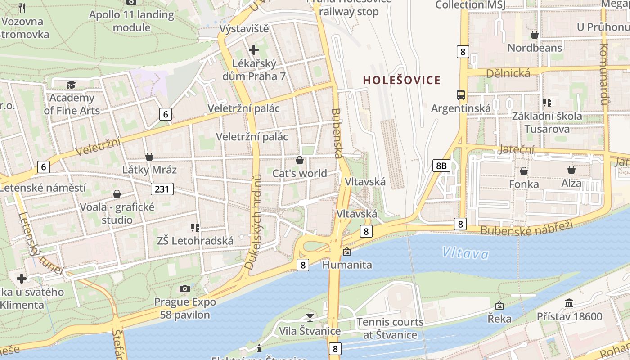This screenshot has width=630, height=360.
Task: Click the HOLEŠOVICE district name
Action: click(401, 81)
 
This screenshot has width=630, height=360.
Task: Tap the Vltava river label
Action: click(465, 253)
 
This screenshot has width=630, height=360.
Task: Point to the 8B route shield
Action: click(441, 166)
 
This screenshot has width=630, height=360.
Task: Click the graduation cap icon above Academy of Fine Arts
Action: click(71, 85)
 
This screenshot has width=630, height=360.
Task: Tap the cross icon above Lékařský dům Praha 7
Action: click(254, 50)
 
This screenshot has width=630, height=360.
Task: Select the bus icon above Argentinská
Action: click(461, 95)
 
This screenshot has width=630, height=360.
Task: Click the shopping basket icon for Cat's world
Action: click(300, 160)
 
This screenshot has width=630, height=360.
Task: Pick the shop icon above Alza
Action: click(571, 170)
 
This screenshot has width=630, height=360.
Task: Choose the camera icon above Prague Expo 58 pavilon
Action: click(184, 288)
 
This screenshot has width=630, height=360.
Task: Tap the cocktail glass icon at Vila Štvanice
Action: click(310, 317)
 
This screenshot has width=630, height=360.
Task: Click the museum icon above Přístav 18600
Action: click(569, 303)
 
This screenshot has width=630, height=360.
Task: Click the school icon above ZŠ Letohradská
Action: click(195, 228)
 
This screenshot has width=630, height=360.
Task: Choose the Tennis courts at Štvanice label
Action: click(390, 328)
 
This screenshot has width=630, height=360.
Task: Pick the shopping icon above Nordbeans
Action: click(535, 35)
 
